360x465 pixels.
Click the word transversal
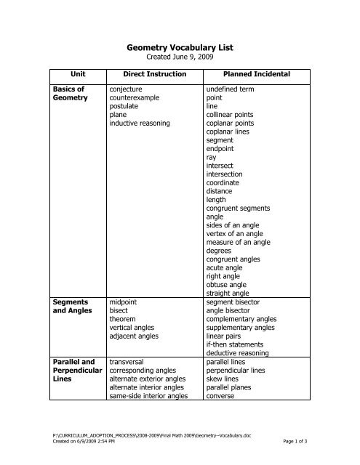pos(129,360)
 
